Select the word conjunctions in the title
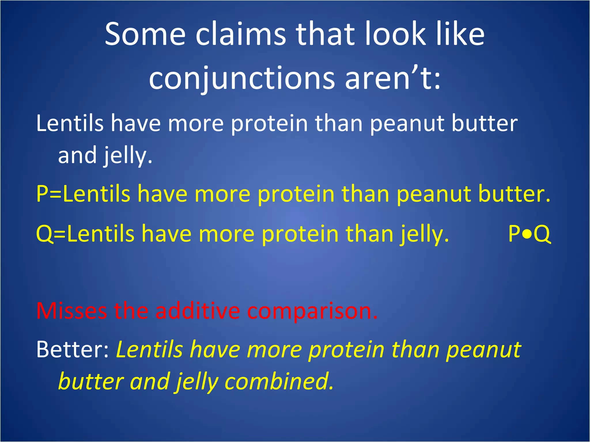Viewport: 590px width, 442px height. click(x=242, y=78)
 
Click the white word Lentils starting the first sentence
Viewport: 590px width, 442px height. click(x=70, y=123)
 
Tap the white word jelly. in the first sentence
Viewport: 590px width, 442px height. click(x=128, y=156)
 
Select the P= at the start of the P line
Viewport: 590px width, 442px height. click(x=49, y=194)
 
